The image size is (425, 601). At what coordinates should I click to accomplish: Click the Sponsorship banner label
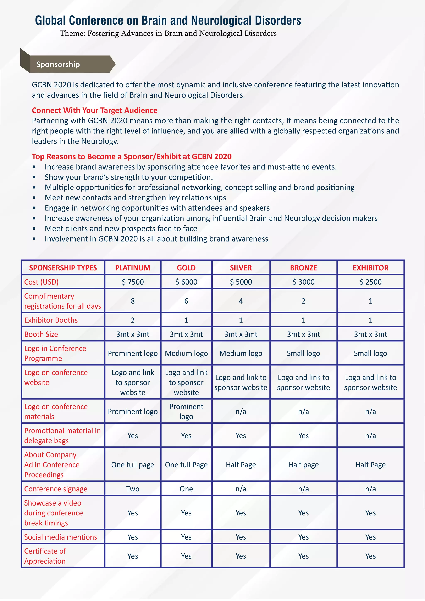point(58,64)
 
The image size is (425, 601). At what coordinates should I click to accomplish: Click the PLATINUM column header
point(133,268)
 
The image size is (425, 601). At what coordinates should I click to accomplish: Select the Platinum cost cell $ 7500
point(133,282)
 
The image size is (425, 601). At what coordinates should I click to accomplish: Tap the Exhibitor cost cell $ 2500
point(370,282)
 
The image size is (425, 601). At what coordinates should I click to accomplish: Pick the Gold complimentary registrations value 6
point(186,301)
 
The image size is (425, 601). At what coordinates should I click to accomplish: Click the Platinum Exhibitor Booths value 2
point(133,320)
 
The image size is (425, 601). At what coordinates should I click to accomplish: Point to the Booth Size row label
point(41,334)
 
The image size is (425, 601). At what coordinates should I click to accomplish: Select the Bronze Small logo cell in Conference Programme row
point(303,353)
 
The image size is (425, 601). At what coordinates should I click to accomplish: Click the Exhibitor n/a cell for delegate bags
point(370,436)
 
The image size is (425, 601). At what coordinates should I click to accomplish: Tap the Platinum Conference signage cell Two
point(133,489)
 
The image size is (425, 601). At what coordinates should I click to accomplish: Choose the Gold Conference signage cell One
point(186,489)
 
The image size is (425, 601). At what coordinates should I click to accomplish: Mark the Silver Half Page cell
point(241,465)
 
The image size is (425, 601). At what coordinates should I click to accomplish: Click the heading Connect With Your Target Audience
point(94,110)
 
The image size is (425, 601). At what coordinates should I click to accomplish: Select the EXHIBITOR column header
point(370,268)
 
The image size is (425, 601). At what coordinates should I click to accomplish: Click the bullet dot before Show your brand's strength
point(34,177)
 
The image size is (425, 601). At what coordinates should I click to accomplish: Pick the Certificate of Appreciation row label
point(45,556)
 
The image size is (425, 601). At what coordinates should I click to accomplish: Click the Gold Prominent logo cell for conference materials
point(186,412)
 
